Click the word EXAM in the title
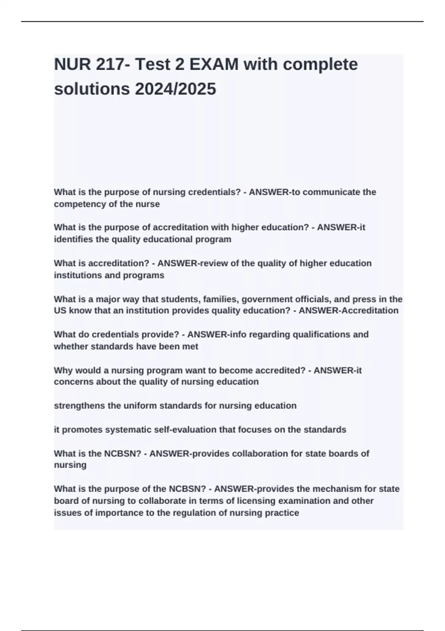[x=214, y=65]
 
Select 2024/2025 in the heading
[x=175, y=89]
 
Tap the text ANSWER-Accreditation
[x=349, y=311]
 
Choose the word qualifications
[x=322, y=335]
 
